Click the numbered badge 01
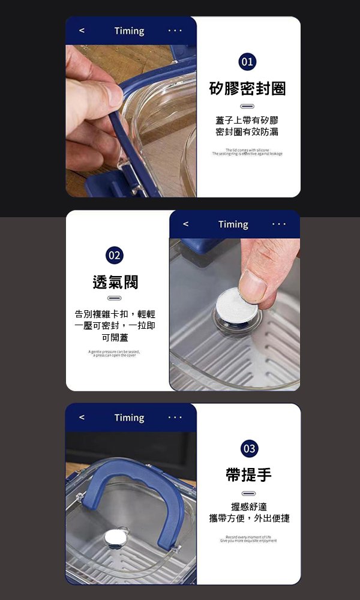(x=247, y=62)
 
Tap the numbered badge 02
(x=114, y=255)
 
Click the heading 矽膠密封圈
(x=247, y=89)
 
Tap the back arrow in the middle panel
(x=186, y=224)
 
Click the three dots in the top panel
(x=175, y=31)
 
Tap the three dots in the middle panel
(x=279, y=224)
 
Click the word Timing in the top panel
(x=129, y=31)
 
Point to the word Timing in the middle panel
(x=233, y=224)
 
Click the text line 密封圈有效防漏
(x=247, y=131)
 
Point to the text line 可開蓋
(x=115, y=338)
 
